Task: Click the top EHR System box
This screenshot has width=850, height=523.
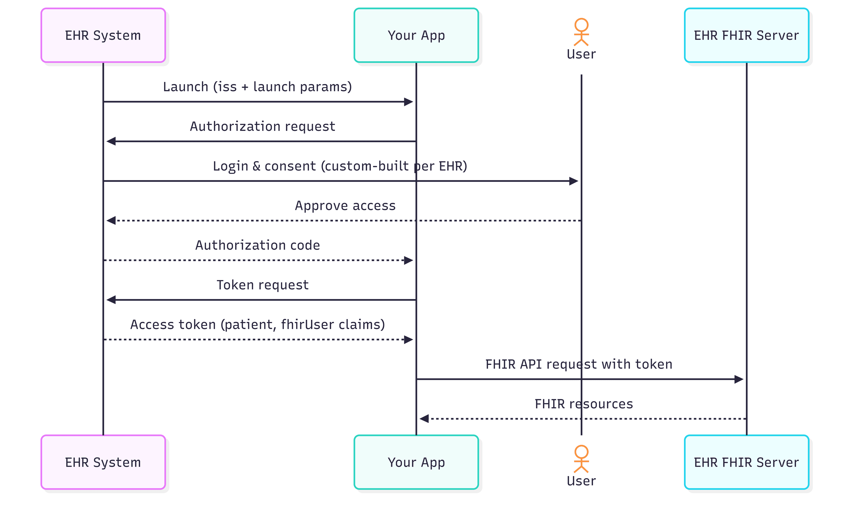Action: (103, 35)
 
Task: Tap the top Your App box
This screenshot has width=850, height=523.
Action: (416, 35)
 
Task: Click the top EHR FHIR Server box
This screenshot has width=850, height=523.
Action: (746, 35)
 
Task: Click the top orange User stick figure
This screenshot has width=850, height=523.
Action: (581, 32)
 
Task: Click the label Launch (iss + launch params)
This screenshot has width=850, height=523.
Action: (257, 87)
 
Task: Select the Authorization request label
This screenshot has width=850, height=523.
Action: (263, 127)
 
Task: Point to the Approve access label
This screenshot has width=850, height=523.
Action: (345, 206)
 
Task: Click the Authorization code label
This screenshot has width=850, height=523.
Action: (258, 245)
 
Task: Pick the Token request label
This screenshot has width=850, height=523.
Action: (263, 285)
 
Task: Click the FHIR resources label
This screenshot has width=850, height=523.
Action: (584, 404)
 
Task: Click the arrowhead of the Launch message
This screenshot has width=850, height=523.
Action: (409, 102)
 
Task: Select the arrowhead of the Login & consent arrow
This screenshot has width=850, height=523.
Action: (574, 181)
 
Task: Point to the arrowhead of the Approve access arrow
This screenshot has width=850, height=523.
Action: (111, 220)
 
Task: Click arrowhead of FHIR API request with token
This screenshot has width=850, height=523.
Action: (739, 379)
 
